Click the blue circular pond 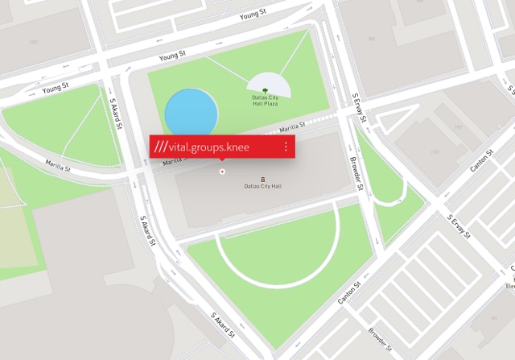point(191,113)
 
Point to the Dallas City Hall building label point(263,187)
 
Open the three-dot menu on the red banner point(286,147)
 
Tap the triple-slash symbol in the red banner point(162,147)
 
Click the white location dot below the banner point(222,171)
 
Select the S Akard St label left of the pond point(116,109)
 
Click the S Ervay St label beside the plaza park point(359,107)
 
